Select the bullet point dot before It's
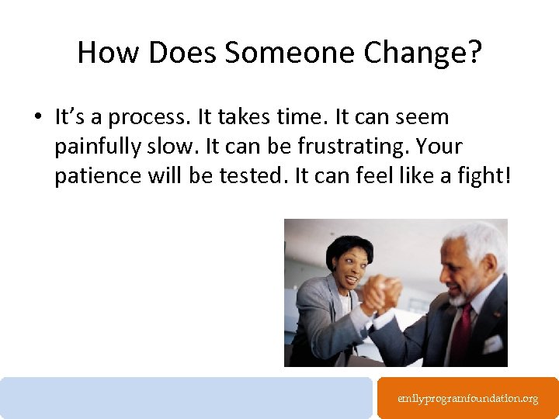(36, 118)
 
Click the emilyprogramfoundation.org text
(467, 398)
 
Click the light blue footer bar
(186, 397)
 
